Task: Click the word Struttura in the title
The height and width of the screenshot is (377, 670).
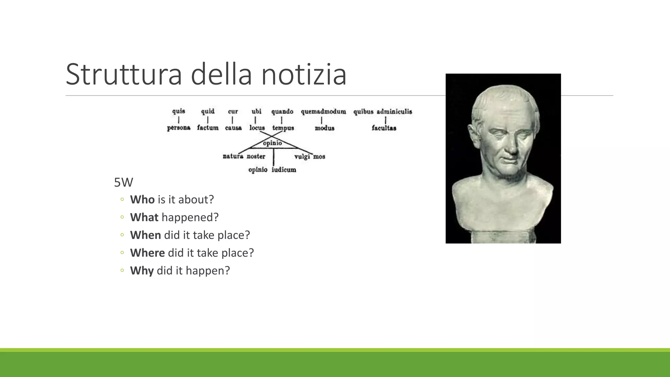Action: tap(124, 75)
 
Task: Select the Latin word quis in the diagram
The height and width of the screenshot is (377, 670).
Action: tap(179, 111)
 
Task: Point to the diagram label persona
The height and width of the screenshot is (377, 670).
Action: tap(179, 128)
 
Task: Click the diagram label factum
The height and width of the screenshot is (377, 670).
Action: tap(208, 128)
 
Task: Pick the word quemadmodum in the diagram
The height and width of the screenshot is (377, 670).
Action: tap(323, 112)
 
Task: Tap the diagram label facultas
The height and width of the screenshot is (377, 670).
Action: tap(384, 128)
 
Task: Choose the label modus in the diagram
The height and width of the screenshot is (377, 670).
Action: tap(325, 128)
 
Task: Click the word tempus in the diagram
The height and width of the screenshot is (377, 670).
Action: tap(283, 128)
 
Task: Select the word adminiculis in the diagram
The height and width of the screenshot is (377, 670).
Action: tap(394, 112)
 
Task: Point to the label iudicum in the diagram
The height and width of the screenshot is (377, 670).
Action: tap(284, 170)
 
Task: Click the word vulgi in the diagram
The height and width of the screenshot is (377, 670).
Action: tap(302, 156)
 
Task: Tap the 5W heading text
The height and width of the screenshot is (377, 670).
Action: tap(123, 182)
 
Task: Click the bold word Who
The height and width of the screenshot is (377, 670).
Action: tap(142, 200)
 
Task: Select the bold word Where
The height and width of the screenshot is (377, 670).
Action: tap(147, 253)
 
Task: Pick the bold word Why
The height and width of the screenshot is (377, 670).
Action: tap(142, 271)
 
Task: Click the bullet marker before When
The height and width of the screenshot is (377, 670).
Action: tap(122, 235)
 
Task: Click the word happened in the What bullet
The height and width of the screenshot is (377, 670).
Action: tap(190, 217)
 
